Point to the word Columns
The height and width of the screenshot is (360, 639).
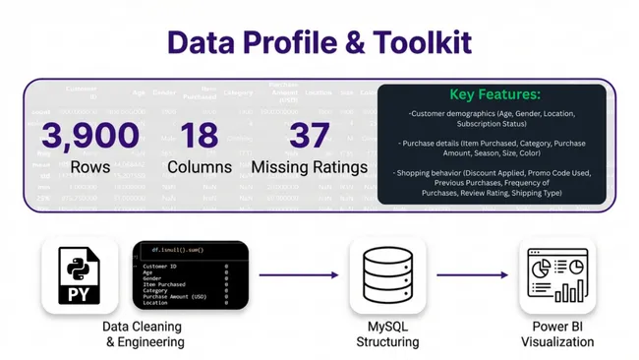(x=200, y=167)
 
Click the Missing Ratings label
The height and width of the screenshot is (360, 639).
(x=310, y=167)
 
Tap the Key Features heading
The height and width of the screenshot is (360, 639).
(x=494, y=94)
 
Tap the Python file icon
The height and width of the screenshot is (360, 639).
(x=80, y=276)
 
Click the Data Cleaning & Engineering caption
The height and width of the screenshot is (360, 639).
(x=145, y=334)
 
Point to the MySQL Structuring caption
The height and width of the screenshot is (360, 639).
(x=387, y=334)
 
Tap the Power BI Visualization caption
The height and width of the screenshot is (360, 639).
(x=557, y=334)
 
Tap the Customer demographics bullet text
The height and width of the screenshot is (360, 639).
(x=494, y=119)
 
